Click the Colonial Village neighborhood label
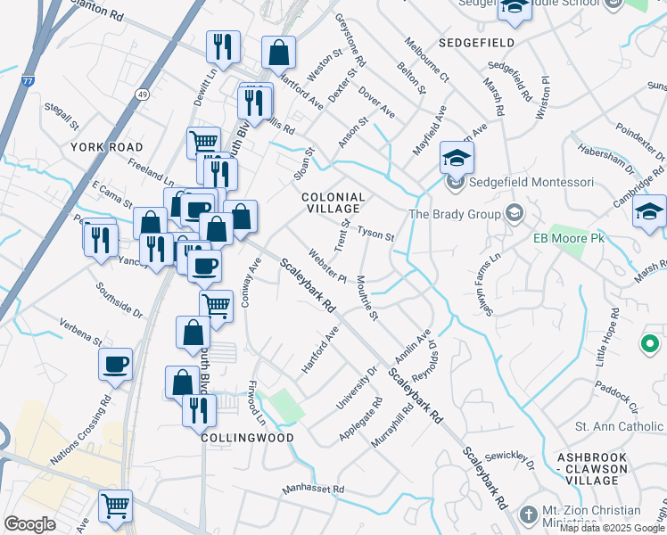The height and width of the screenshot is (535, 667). click(x=333, y=204)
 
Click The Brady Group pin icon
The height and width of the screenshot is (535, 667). click(x=514, y=213)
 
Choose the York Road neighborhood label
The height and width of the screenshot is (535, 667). click(x=107, y=146)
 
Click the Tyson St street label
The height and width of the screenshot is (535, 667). click(x=375, y=235)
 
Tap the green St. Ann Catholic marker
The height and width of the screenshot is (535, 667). click(x=650, y=343)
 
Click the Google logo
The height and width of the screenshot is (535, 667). click(x=29, y=523)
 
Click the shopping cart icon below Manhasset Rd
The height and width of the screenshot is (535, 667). click(x=115, y=506)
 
